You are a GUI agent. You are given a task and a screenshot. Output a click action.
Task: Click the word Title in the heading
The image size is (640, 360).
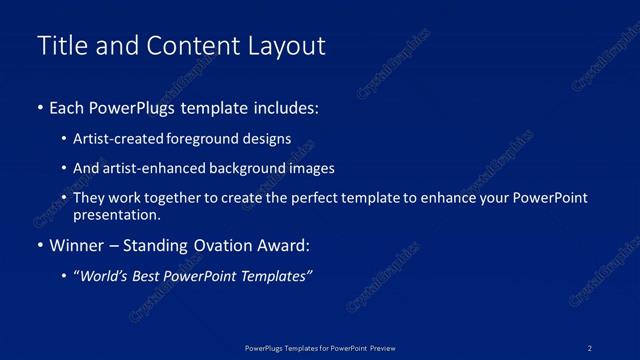point(59,46)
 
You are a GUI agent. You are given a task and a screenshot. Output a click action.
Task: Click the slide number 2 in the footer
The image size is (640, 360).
point(590,347)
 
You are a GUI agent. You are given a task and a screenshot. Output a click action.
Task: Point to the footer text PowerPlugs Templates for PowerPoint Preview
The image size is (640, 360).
point(320,347)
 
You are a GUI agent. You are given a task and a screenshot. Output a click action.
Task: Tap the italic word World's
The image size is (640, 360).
point(106,276)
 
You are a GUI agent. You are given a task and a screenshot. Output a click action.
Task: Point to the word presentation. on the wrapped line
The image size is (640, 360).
point(116,214)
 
